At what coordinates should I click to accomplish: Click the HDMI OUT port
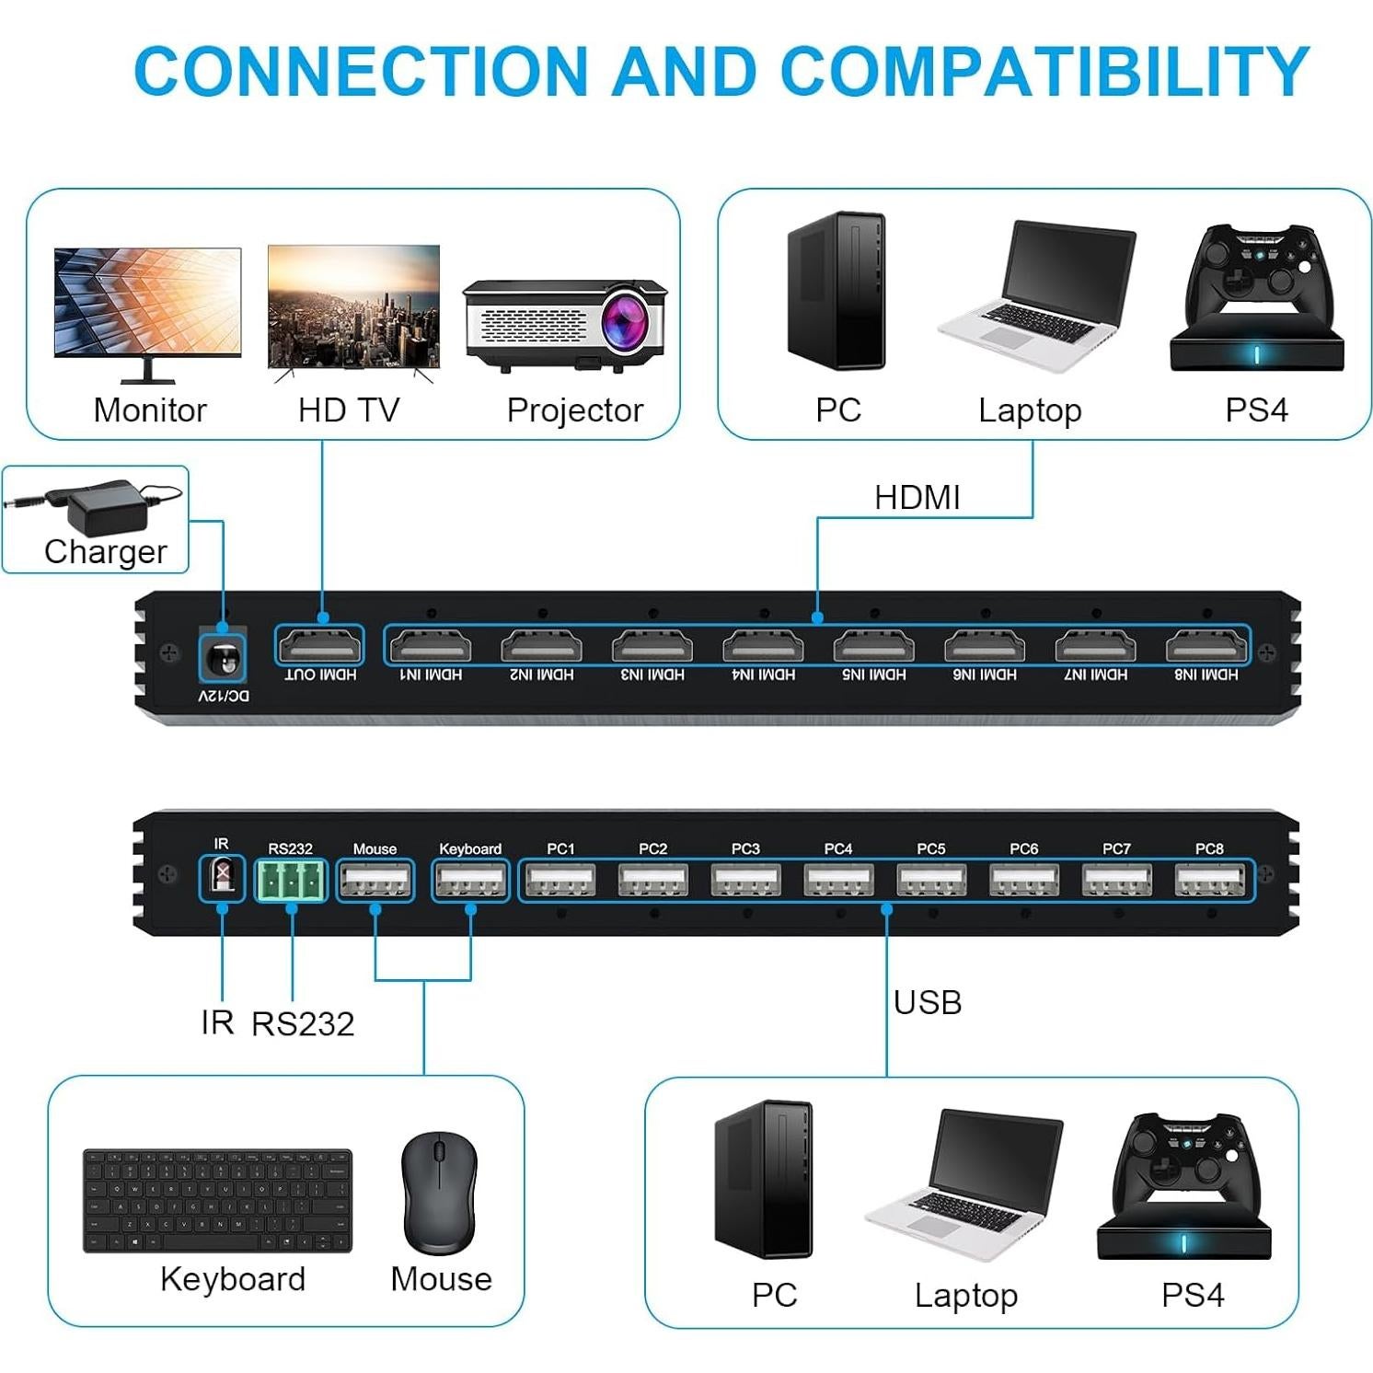[320, 646]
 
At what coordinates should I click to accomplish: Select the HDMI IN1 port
[431, 646]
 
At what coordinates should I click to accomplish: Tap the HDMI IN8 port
[1206, 646]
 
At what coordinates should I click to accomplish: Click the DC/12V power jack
[222, 657]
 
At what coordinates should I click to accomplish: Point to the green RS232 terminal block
[291, 880]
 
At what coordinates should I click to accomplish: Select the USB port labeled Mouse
[375, 881]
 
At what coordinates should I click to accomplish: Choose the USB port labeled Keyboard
[470, 881]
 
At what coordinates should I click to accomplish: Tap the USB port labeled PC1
[560, 881]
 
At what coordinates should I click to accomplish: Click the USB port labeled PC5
[931, 881]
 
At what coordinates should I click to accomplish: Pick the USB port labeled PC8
[1209, 881]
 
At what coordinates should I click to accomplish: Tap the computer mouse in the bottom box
[440, 1193]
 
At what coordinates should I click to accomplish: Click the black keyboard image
[218, 1200]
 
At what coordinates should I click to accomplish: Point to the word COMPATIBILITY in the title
[1044, 71]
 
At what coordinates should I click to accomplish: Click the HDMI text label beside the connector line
[917, 498]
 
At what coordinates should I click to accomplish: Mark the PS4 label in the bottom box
[1192, 1295]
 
